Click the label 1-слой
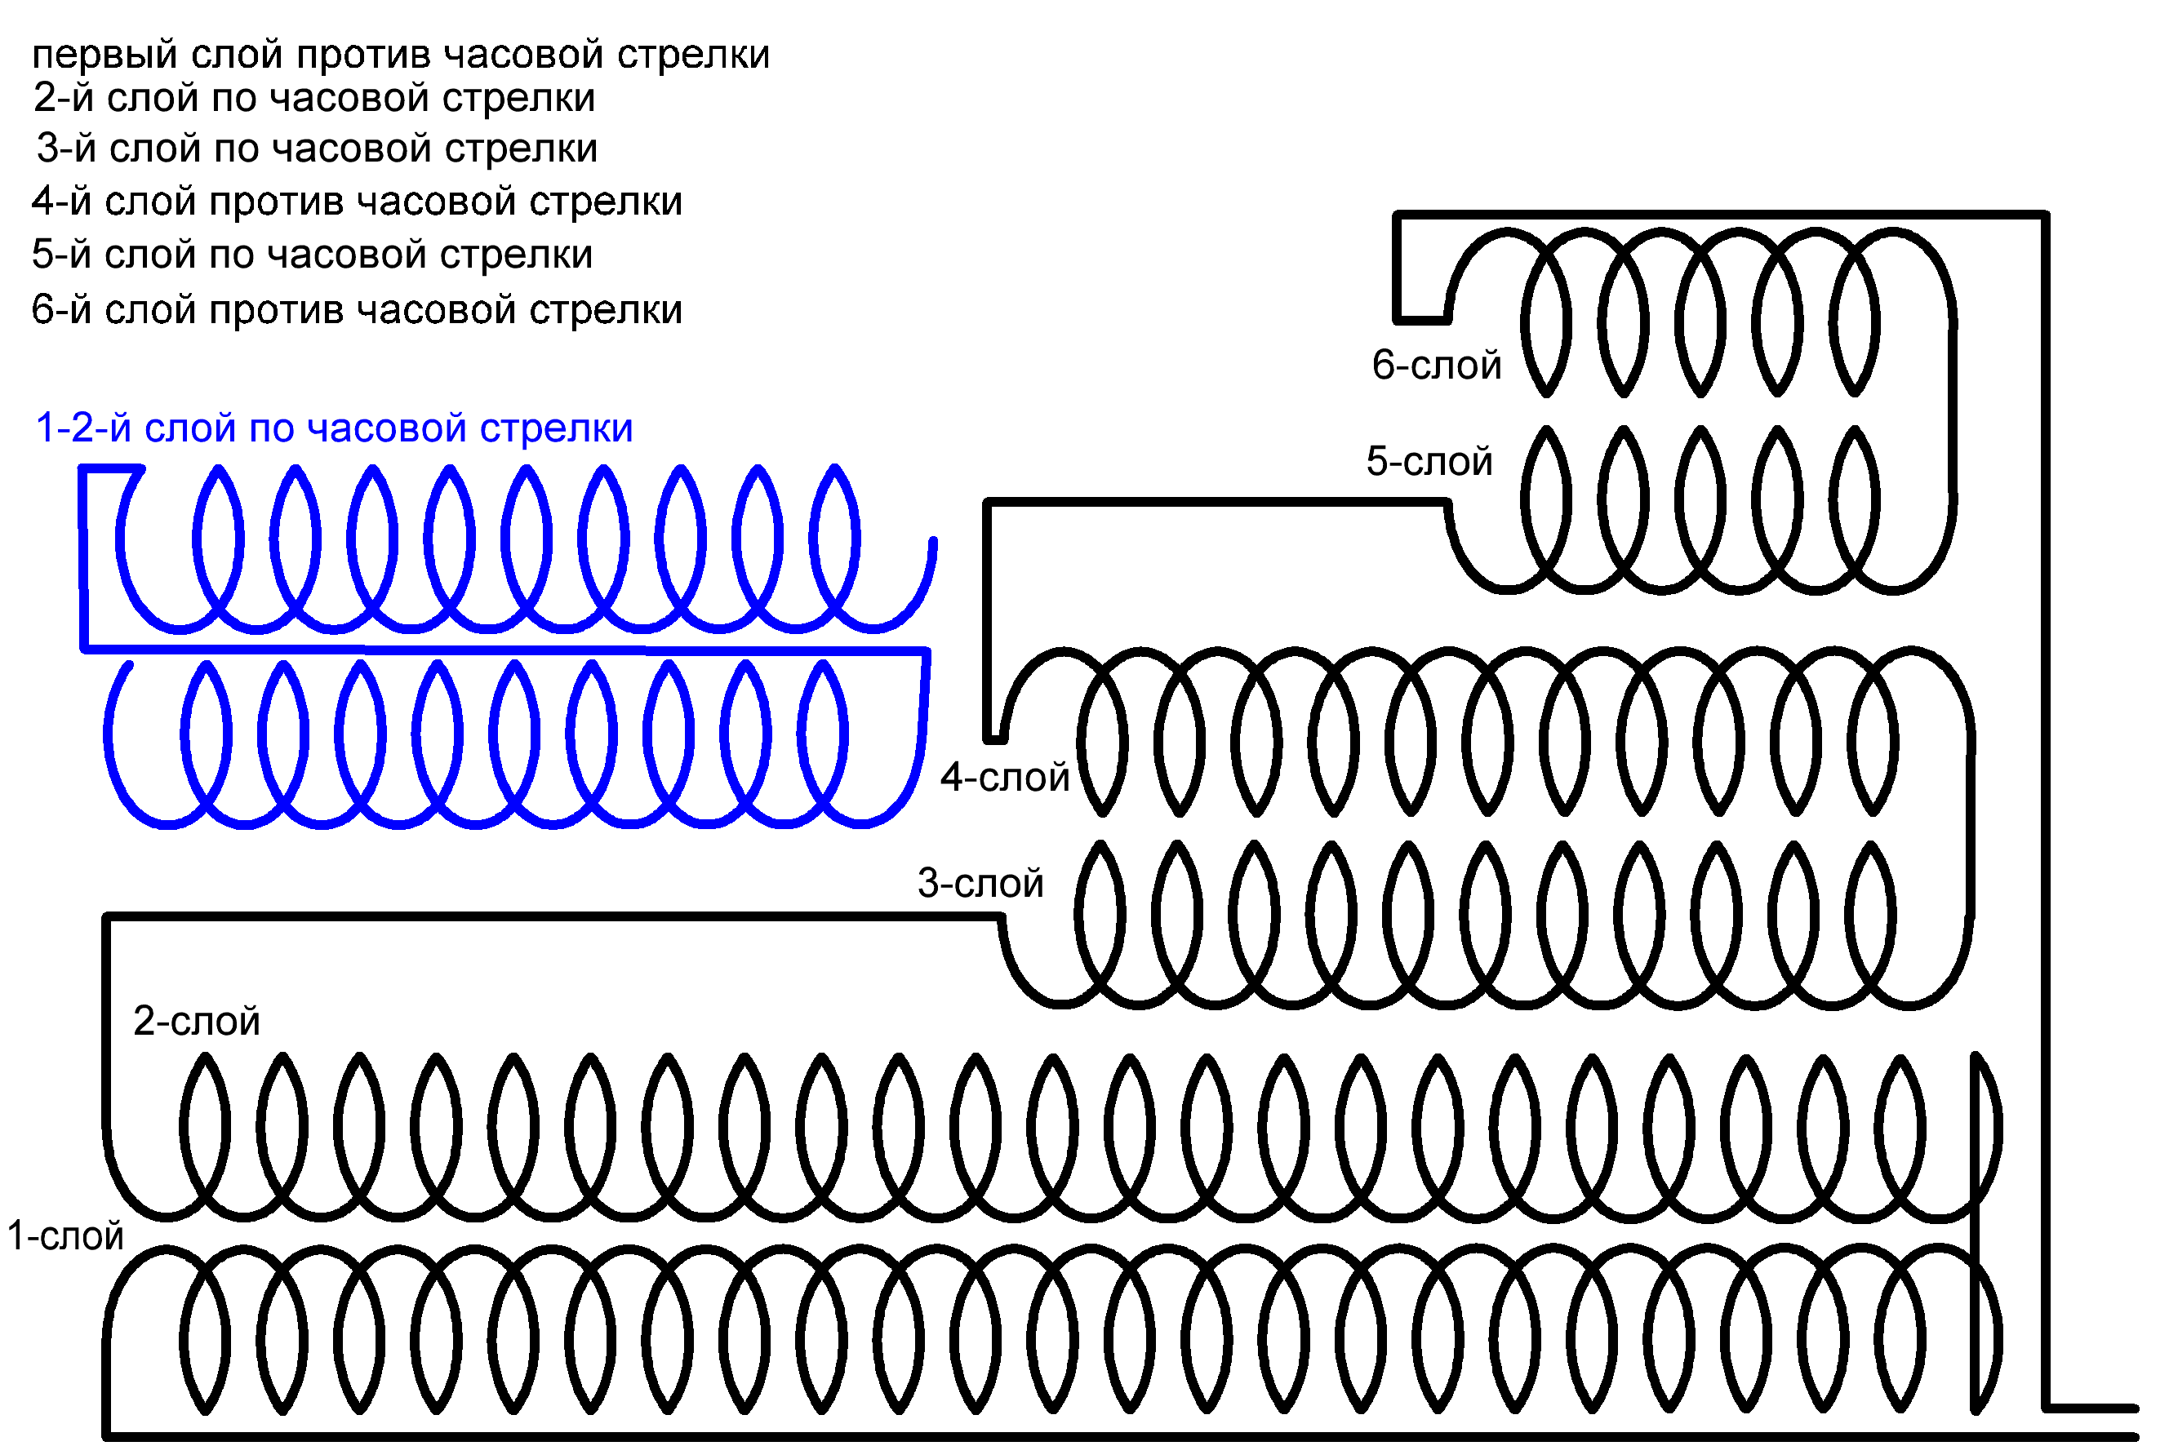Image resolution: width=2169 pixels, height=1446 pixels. point(64,1236)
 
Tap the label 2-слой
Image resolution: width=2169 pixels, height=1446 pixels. point(197,1022)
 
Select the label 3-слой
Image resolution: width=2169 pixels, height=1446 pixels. point(980,885)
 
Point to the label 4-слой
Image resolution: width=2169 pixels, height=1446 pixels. point(1004,778)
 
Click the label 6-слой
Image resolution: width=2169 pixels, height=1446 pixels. point(1436,366)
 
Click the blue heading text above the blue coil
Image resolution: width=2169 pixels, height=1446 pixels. point(334,428)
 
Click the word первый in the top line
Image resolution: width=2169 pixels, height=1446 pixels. point(104,55)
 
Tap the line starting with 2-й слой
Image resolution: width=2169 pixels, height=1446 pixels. point(313,99)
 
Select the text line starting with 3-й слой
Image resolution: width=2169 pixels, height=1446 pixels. point(317,149)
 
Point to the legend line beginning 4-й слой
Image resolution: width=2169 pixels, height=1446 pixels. point(356,202)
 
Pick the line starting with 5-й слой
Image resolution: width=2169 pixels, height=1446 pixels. point(312,255)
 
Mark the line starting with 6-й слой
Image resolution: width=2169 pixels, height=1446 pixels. point(356,311)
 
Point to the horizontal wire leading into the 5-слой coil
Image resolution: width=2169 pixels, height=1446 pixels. point(1218,503)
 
